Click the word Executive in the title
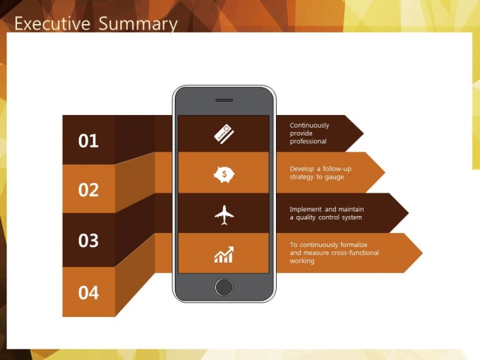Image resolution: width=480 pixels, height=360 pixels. pos(52,23)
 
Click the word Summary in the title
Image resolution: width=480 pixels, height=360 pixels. pos(138,24)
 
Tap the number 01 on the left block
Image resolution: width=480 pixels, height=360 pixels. pos(88,140)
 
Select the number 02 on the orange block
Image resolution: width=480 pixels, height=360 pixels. pos(88,190)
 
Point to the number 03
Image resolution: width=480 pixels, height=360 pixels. pos(88,240)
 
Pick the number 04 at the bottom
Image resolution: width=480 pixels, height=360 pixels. pos(88,292)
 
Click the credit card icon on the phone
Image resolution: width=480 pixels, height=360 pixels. pos(224,134)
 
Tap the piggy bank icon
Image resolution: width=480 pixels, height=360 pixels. pos(224,174)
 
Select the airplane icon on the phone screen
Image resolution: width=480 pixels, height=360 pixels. pos(224,215)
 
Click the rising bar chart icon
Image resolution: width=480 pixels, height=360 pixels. pos(224,254)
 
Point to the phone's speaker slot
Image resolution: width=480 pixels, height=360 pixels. pos(224,100)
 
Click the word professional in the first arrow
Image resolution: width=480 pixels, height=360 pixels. pos(308,141)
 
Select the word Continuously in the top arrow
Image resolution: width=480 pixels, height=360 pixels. pos(309,125)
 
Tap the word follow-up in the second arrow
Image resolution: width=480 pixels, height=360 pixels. pos(337,169)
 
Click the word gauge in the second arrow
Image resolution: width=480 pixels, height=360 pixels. pos(335,177)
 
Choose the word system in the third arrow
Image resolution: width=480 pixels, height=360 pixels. pos(352,217)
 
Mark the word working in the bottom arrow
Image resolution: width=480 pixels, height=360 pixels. pos(302,260)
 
